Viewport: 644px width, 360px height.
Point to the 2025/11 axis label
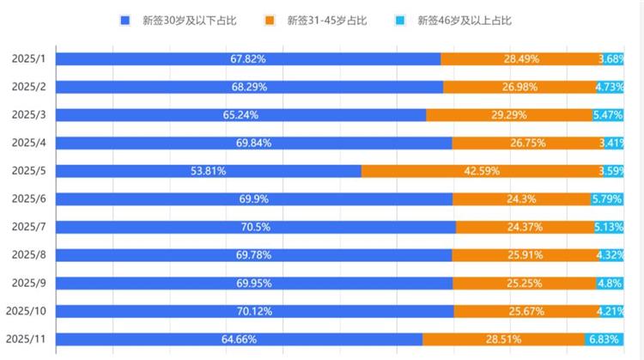pyautogui.click(x=26, y=339)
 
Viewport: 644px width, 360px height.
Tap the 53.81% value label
pyautogui.click(x=209, y=171)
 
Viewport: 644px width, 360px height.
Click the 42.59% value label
pyautogui.click(x=482, y=171)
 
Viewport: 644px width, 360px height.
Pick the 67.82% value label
pyautogui.click(x=248, y=58)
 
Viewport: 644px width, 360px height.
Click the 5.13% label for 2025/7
pyautogui.click(x=609, y=227)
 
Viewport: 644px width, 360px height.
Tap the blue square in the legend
pyautogui.click(x=125, y=20)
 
